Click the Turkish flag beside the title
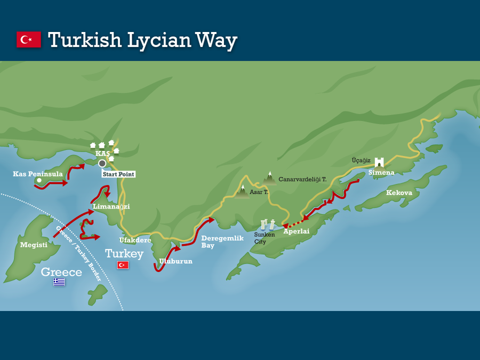point(29,39)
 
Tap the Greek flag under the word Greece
point(59,282)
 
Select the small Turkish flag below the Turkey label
point(123,265)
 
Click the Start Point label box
point(118,174)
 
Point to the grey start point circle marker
point(102,163)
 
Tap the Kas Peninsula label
point(38,174)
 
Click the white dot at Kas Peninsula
point(39,180)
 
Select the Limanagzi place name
point(111,206)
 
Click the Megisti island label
point(34,245)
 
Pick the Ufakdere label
point(135,240)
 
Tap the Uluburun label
point(175,261)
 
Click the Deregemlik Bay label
point(222,242)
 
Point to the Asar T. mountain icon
point(243,191)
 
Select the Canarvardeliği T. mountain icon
point(270,178)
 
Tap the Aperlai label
point(296,231)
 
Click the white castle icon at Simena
point(379,163)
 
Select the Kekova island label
point(399,193)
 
